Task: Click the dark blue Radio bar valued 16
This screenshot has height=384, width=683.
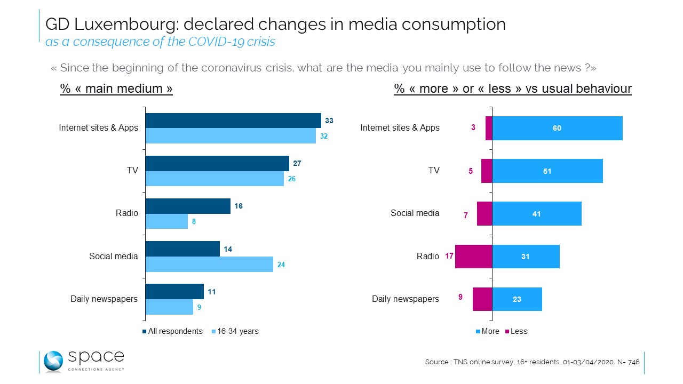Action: coord(188,206)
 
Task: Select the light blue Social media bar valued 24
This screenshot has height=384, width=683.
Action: coord(209,264)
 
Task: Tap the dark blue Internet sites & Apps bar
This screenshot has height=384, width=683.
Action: coord(233,121)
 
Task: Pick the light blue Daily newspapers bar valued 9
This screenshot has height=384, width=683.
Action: coord(169,307)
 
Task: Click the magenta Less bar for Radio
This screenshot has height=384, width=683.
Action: coord(473,257)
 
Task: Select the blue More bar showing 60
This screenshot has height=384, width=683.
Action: coord(557,128)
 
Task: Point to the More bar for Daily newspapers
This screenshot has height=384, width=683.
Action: coord(517,299)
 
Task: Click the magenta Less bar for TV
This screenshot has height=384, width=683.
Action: coord(487,171)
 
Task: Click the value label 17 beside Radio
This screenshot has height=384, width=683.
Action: coord(449,257)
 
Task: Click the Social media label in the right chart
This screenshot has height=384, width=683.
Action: coord(415,213)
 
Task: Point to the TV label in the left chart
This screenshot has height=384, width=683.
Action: coord(132,171)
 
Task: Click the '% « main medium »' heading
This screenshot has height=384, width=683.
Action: coord(116,89)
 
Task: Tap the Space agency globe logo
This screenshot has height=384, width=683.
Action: coord(53,361)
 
